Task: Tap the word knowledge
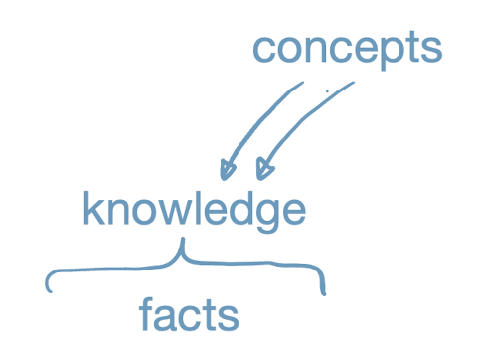(x=194, y=211)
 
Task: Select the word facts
(x=189, y=314)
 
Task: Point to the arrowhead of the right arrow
(x=262, y=172)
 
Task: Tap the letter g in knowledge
(x=261, y=217)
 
